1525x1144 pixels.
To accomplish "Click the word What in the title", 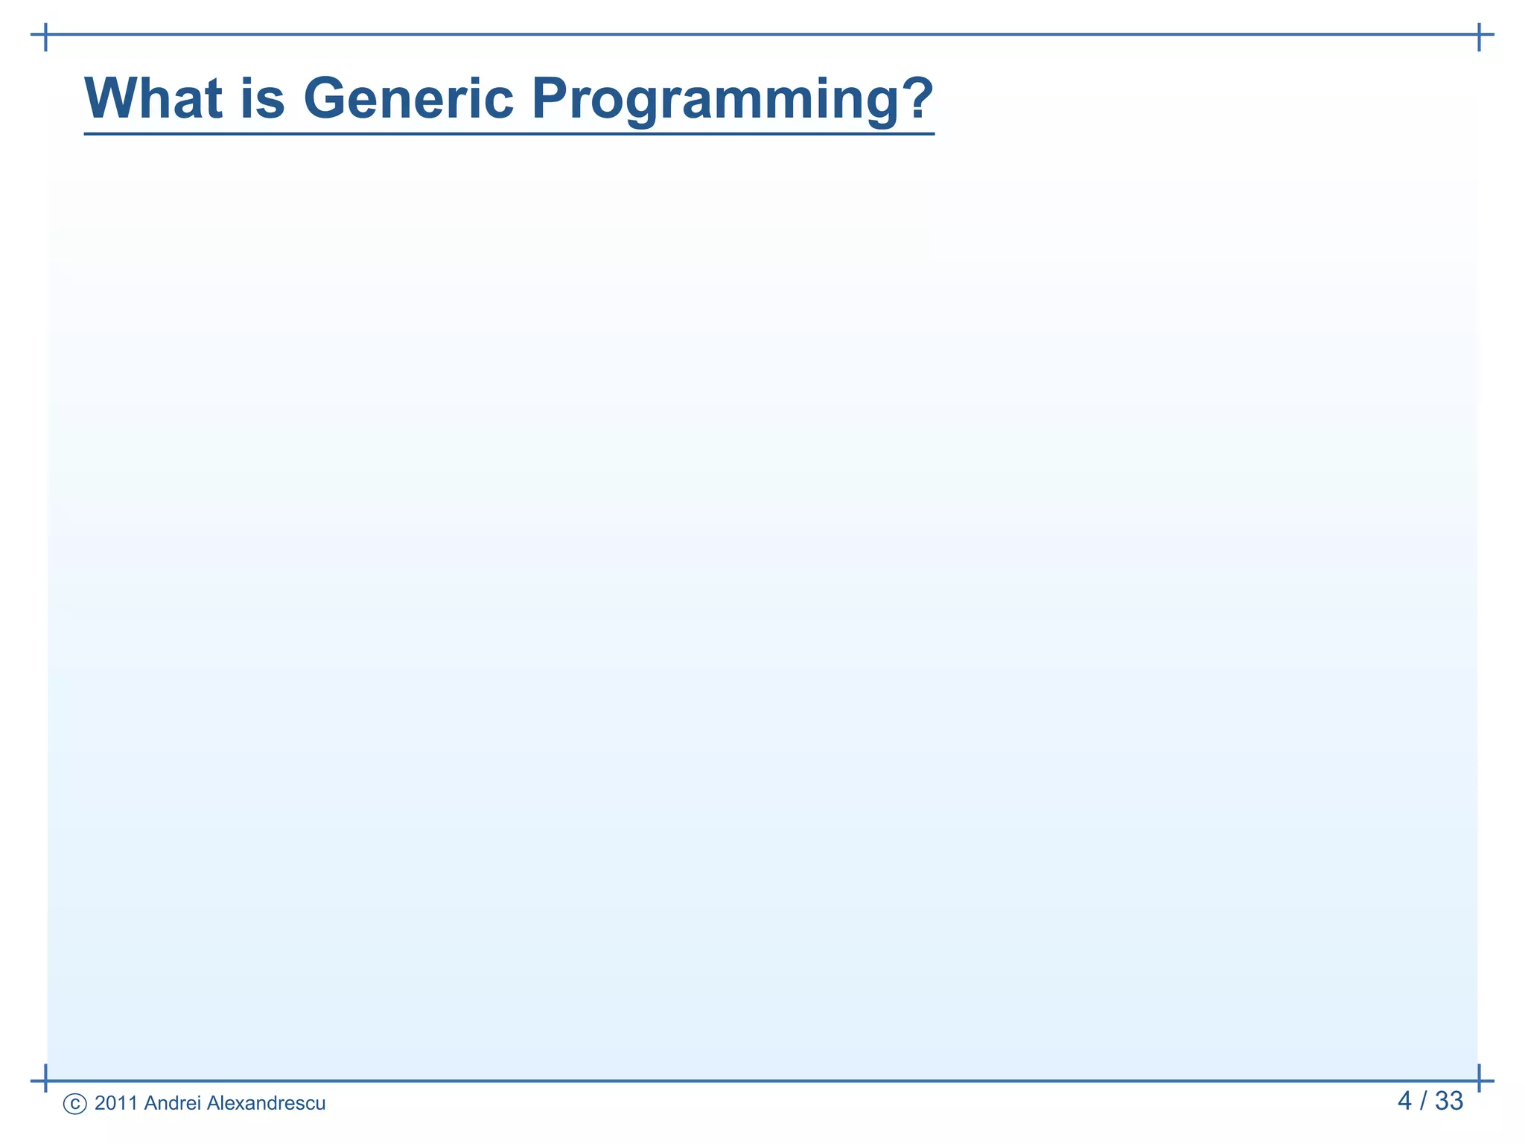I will click(x=153, y=98).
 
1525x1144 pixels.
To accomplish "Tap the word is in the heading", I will click(x=262, y=98).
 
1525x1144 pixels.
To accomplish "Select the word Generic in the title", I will click(x=408, y=98).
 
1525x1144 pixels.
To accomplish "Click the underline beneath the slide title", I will click(x=509, y=134).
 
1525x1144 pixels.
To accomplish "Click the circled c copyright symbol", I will click(x=75, y=1104).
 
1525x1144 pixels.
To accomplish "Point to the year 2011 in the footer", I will click(x=116, y=1103).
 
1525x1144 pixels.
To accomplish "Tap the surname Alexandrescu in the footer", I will click(x=266, y=1103).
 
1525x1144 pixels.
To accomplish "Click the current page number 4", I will click(x=1404, y=1101).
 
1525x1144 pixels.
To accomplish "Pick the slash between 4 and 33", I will click(x=1423, y=1101).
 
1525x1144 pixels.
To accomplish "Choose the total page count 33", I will click(x=1449, y=1101).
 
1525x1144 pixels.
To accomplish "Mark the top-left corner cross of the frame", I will click(x=46, y=34).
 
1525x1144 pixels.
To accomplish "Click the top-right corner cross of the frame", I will click(x=1479, y=34).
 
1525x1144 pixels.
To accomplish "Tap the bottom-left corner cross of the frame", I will click(x=46, y=1080).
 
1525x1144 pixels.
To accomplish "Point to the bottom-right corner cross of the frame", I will click(x=1479, y=1080).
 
